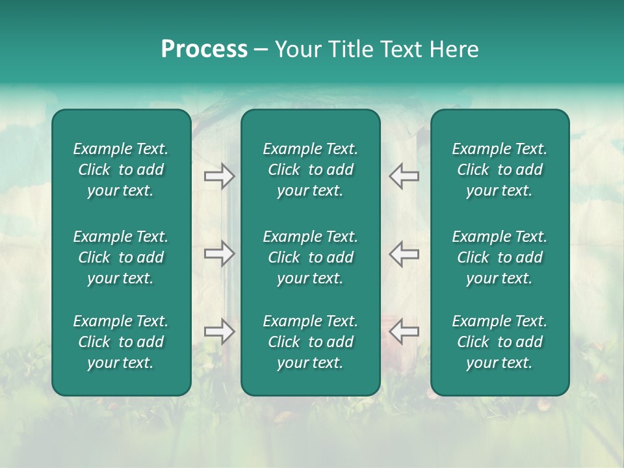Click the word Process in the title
pos(204,49)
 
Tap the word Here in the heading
pos(454,49)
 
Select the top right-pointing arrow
pos(219,176)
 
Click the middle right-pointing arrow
pos(219,253)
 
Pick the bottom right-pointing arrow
pos(219,331)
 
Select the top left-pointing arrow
pos(404,176)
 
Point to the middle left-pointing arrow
pos(404,253)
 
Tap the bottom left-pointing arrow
pos(404,331)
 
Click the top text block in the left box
pos(121,170)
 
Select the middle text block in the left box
pos(121,257)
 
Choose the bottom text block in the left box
pos(121,342)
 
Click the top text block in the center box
pos(310,170)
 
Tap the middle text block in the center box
pos(310,257)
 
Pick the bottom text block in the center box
pos(310,342)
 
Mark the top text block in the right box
pos(499,170)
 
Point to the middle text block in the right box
pos(499,257)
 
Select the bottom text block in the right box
pos(499,342)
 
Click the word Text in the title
pos(401,49)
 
